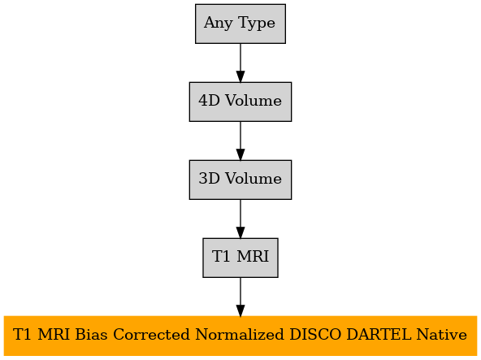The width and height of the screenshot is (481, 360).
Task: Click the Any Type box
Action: tap(240, 24)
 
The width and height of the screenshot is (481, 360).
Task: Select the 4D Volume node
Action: tap(240, 102)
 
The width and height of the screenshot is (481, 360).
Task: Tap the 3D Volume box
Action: tap(240, 180)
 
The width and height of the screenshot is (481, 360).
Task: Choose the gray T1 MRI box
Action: tap(240, 258)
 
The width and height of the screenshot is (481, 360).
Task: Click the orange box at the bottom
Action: tap(240, 336)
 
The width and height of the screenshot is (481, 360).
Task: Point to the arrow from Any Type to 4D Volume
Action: tap(240, 63)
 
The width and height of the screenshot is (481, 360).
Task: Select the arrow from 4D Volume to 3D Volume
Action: tap(240, 141)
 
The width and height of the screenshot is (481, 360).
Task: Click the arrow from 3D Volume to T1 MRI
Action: tap(240, 219)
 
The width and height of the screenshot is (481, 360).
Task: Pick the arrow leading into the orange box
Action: tap(240, 297)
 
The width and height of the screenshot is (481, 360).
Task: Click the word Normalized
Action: tap(240, 334)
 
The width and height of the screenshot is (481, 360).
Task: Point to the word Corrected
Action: tap(152, 334)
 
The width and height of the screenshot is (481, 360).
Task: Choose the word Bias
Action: tap(91, 334)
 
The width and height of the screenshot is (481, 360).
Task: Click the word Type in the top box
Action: tap(257, 24)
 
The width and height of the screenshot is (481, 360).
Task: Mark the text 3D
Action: tap(209, 178)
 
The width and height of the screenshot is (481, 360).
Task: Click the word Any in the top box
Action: tap(219, 24)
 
